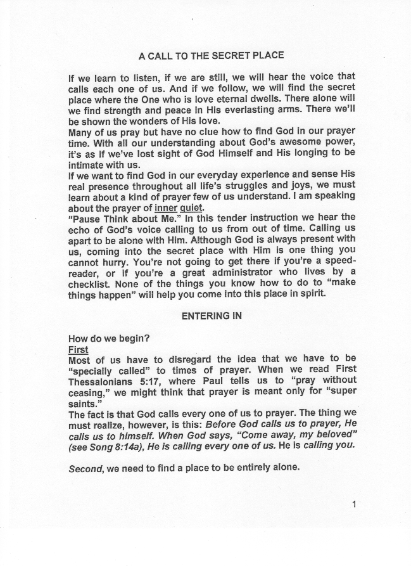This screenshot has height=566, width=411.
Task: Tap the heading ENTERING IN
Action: pyautogui.click(x=212, y=316)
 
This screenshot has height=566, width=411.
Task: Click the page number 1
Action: pyautogui.click(x=354, y=505)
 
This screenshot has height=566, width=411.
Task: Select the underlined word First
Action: pyautogui.click(x=78, y=349)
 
